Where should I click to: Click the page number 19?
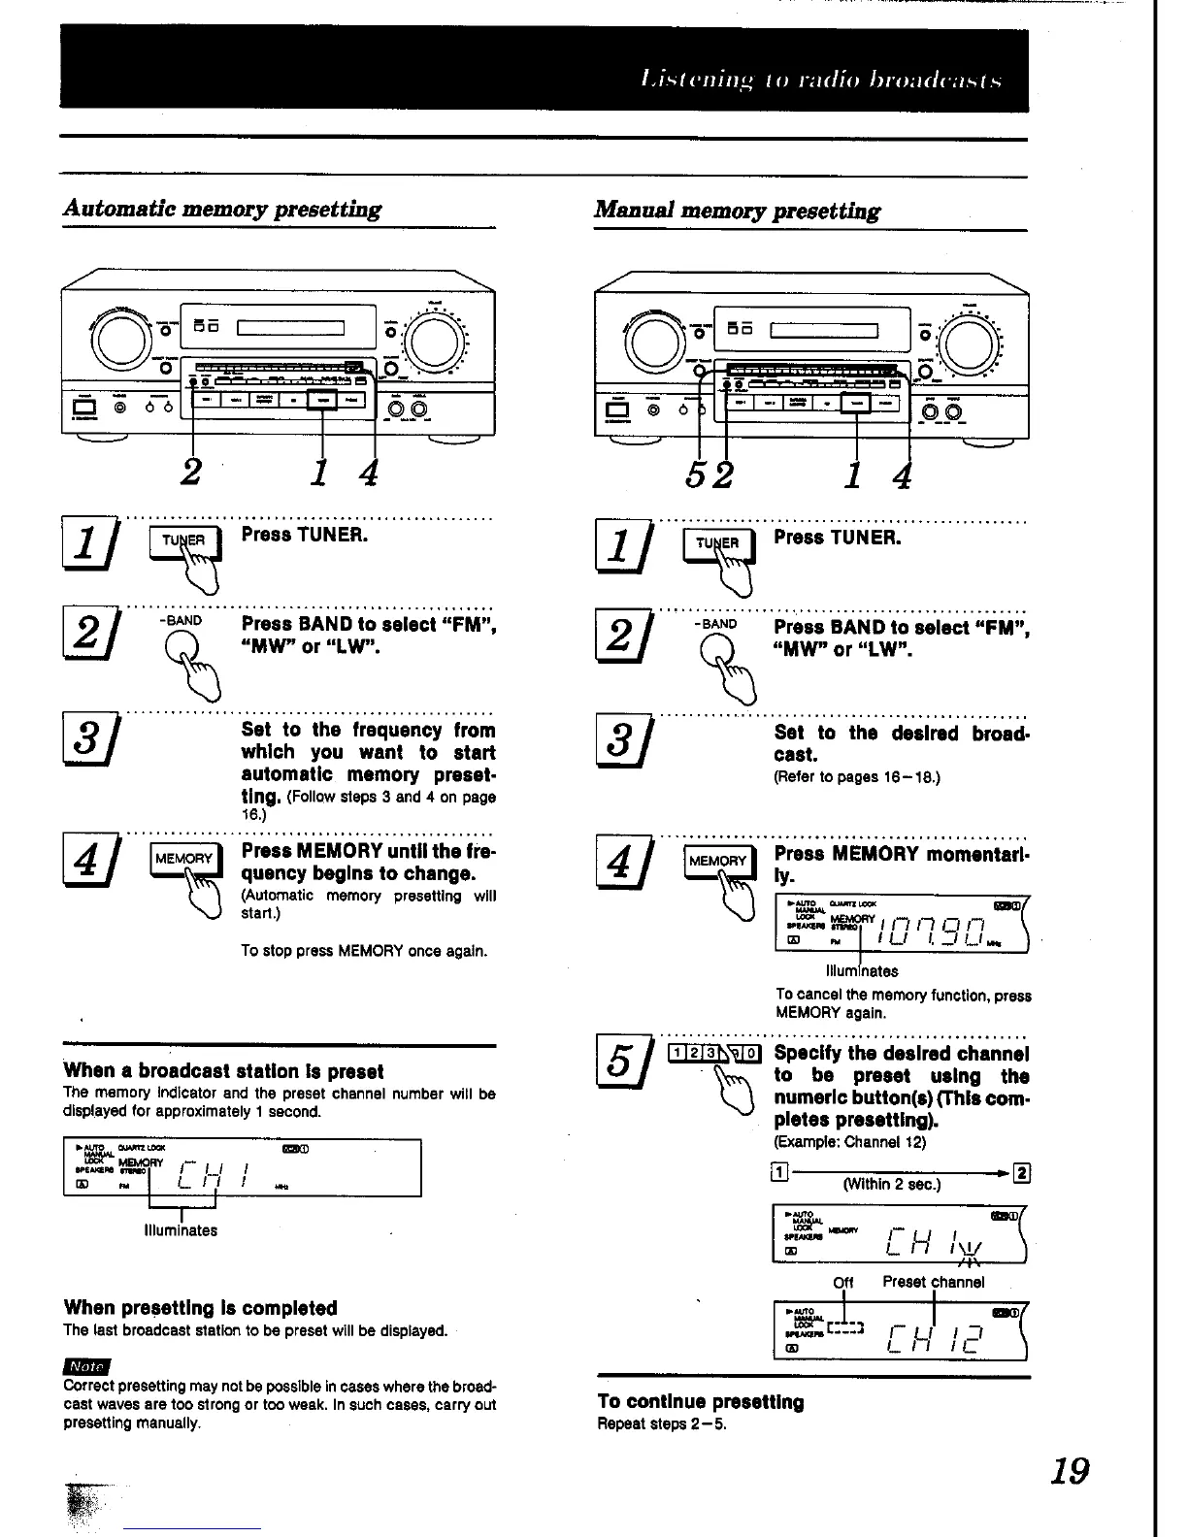coord(1070,1471)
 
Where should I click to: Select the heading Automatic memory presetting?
coord(222,210)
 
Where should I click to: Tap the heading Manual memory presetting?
coord(738,211)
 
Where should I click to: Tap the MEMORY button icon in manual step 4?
coord(717,861)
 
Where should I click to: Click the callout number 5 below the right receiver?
coord(696,475)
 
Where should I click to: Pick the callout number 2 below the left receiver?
coord(192,473)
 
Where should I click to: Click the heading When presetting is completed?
coord(201,1308)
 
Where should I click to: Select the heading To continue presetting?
coord(701,1402)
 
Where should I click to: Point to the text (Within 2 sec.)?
coord(891,1184)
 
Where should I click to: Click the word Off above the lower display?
coord(843,1282)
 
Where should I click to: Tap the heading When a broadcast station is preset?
coord(223,1071)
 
